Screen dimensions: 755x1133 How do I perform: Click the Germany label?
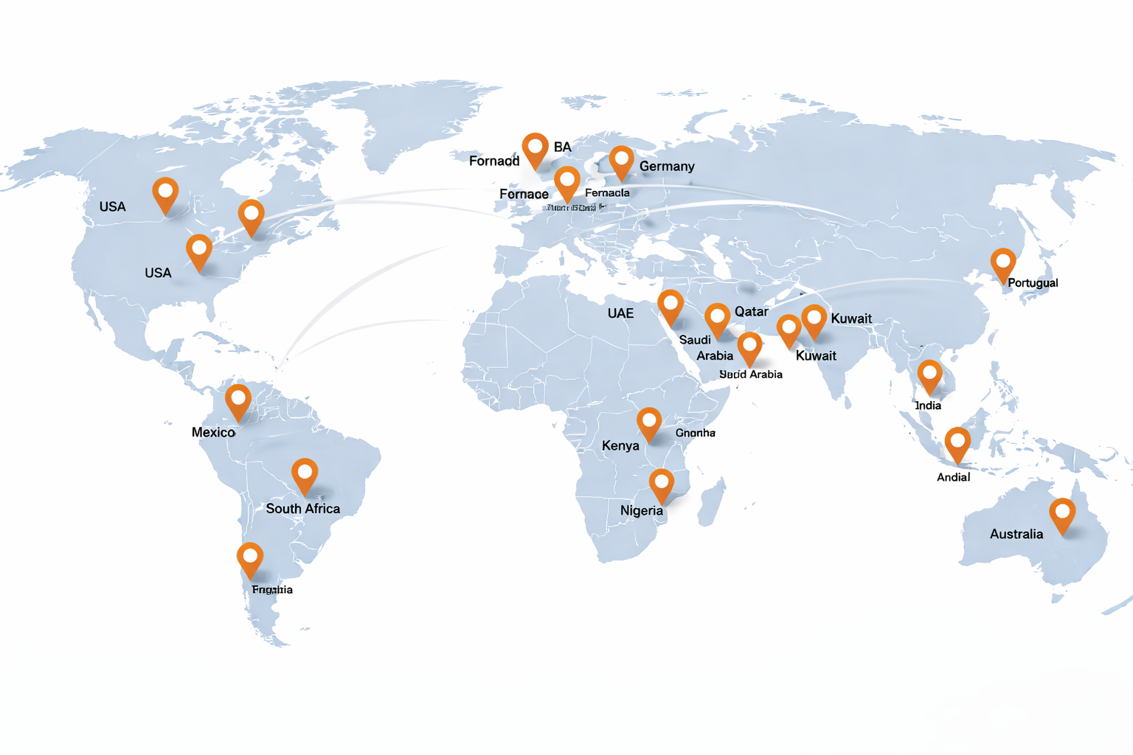pos(667,167)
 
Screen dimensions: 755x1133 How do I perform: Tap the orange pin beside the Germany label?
pos(621,161)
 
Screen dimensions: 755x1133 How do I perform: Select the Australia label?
pos(1016,534)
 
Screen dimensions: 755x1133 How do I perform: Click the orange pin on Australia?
pos(1062,513)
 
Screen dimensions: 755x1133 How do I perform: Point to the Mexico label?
pos(213,432)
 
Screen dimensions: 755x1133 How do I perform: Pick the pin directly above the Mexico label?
pos(238,400)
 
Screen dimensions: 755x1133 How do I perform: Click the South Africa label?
pos(302,509)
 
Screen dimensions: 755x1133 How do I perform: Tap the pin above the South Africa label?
pos(305,473)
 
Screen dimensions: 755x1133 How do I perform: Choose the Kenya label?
pos(620,445)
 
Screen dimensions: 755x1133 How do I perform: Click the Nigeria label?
pos(641,510)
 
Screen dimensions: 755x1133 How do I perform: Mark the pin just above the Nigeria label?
pos(662,484)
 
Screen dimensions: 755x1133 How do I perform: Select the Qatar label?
pos(751,312)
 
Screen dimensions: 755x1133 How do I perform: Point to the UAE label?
pos(620,313)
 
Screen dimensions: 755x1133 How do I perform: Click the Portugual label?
pos(1033,283)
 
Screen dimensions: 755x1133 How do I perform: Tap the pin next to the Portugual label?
pos(1002,263)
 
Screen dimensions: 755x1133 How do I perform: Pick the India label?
pos(928,406)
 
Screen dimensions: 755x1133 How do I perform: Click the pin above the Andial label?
pos(957,443)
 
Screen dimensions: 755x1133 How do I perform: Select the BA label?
pos(562,147)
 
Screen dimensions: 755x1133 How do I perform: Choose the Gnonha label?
pos(695,433)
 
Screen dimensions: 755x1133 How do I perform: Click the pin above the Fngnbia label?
pos(250,558)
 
